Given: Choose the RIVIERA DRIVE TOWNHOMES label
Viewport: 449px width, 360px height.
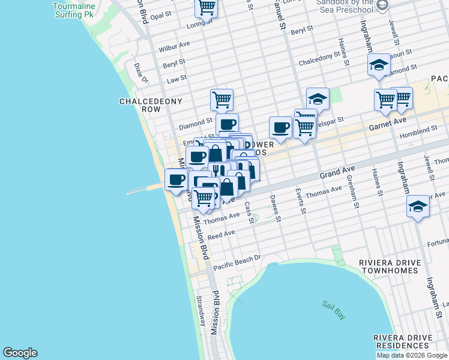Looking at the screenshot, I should (x=388, y=266).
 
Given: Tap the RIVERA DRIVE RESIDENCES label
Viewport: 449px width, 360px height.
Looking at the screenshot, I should (x=402, y=341).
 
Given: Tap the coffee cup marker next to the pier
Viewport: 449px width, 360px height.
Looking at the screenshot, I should (x=176, y=180).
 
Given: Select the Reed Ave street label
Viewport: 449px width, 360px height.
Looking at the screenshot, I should (x=221, y=234).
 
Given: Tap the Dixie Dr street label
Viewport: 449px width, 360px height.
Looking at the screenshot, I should (x=141, y=73).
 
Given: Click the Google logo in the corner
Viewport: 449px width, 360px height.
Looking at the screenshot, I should (x=20, y=353).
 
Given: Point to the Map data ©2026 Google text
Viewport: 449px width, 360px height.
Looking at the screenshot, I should (x=412, y=355).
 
